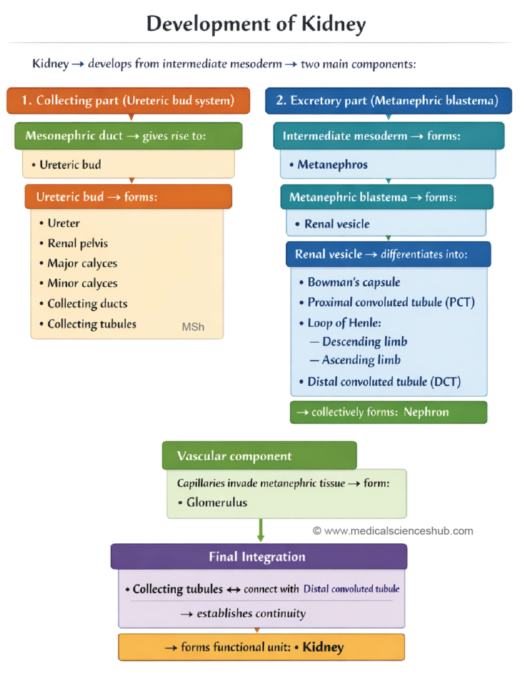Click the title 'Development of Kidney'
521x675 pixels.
(256, 24)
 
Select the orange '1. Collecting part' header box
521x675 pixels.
(128, 101)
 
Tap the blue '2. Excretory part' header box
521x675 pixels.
(391, 101)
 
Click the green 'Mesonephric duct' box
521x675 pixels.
(128, 136)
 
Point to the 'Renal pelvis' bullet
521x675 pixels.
(77, 243)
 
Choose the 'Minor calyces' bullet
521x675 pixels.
(82, 283)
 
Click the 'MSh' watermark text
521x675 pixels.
(193, 327)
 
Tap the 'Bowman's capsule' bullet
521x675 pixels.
(354, 282)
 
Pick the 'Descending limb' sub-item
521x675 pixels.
(364, 341)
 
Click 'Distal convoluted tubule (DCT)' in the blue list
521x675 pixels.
(384, 381)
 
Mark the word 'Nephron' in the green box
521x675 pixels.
(426, 412)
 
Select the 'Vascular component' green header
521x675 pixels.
(259, 455)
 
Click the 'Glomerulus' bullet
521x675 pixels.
(217, 502)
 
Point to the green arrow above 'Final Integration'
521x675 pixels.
(261, 530)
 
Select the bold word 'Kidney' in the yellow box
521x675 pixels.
(323, 647)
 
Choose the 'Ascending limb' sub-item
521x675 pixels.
(361, 360)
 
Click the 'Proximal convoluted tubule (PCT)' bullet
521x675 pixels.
(391, 303)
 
